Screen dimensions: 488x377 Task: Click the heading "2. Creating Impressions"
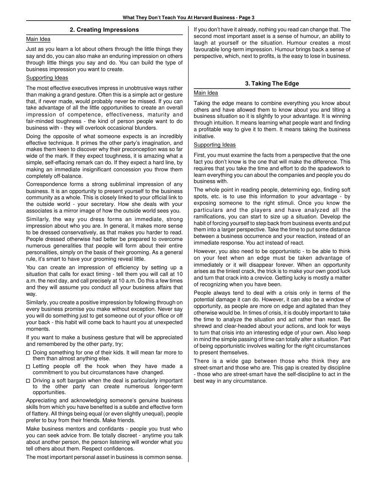click(104, 30)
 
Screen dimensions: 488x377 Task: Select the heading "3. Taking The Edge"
click(272, 84)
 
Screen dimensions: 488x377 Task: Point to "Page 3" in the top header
click(246, 18)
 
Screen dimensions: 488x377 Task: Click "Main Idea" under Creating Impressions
click(38, 39)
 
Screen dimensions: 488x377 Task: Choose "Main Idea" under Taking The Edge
click(206, 93)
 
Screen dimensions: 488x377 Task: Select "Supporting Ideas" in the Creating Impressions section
click(47, 78)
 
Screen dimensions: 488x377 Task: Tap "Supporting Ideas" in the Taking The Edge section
click(215, 145)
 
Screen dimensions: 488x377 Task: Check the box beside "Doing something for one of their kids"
click(28, 353)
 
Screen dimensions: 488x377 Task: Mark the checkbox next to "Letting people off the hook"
click(28, 366)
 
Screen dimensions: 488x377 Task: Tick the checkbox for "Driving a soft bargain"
click(28, 380)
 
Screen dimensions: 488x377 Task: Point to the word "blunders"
click(146, 128)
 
